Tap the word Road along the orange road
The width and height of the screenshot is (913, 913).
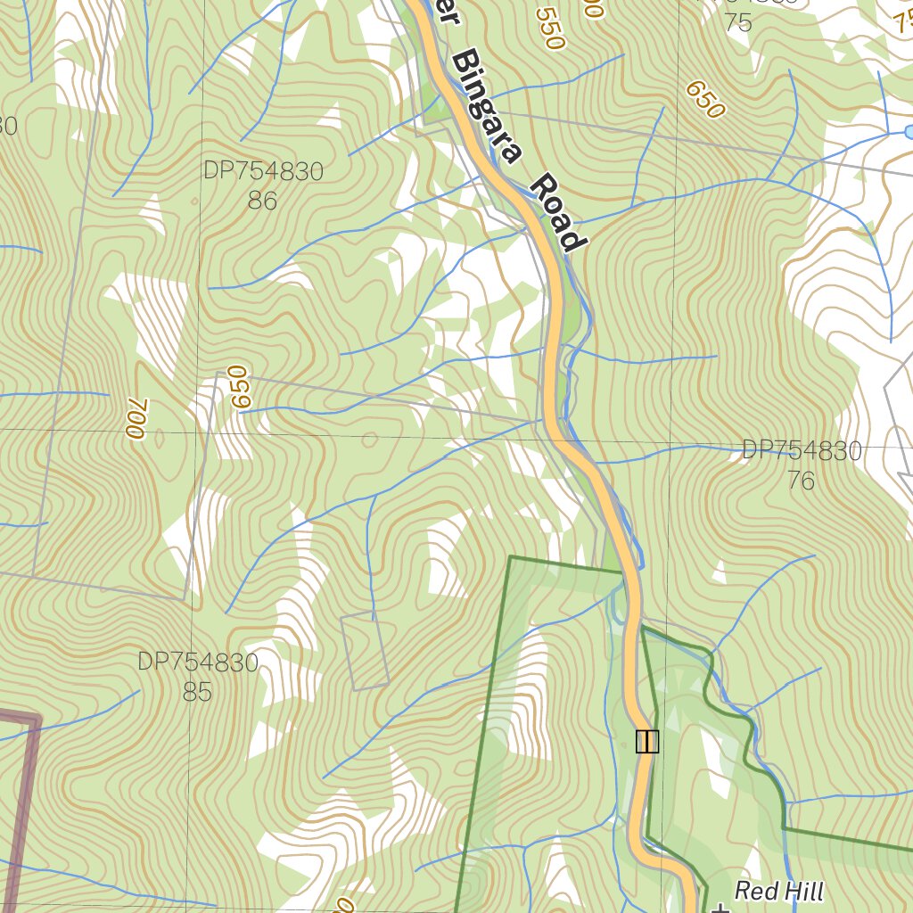[559, 213]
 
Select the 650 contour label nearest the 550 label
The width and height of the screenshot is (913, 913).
[703, 100]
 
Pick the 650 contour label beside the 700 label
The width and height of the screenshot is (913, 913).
[237, 387]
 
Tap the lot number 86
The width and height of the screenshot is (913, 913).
[262, 202]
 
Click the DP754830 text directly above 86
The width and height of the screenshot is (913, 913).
[262, 171]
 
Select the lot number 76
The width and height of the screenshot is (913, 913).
[801, 481]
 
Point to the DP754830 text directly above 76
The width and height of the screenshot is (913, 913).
[802, 451]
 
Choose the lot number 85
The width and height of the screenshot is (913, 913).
[197, 692]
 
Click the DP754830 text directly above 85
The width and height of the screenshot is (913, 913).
[197, 662]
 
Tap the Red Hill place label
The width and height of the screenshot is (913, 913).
[778, 891]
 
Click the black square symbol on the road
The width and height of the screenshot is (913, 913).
[647, 741]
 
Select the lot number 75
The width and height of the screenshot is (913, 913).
[738, 23]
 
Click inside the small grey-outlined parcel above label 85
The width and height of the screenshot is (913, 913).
[365, 652]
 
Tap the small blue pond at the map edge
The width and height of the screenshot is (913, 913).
[908, 132]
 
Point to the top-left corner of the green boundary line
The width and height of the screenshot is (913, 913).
[510, 558]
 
